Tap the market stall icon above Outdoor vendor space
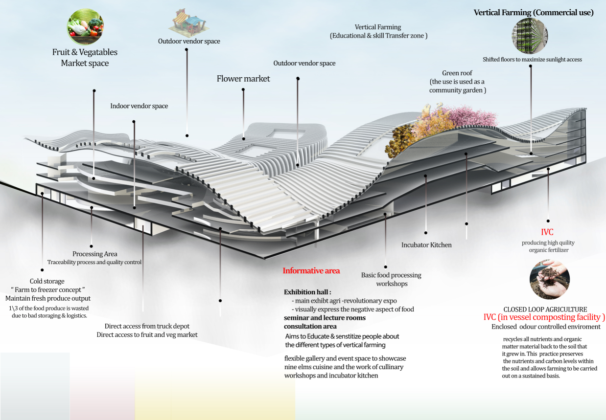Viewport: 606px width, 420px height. (x=188, y=22)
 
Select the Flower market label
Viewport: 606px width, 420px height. (x=243, y=78)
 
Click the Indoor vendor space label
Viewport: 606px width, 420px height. (x=139, y=106)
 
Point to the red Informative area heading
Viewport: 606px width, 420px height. (x=311, y=270)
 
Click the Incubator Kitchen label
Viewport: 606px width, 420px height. (x=426, y=244)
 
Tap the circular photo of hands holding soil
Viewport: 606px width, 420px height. (x=549, y=280)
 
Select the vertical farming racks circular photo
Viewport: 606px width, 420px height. (x=531, y=35)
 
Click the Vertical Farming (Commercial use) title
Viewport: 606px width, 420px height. (x=534, y=13)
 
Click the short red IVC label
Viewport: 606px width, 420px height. (x=547, y=233)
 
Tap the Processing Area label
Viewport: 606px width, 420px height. (x=94, y=254)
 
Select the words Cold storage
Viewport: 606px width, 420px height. (x=47, y=281)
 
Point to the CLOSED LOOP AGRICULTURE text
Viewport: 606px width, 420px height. (x=545, y=309)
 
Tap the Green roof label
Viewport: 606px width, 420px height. (x=457, y=73)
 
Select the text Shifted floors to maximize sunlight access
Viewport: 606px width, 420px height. (x=532, y=60)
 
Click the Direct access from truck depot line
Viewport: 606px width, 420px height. (x=147, y=326)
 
